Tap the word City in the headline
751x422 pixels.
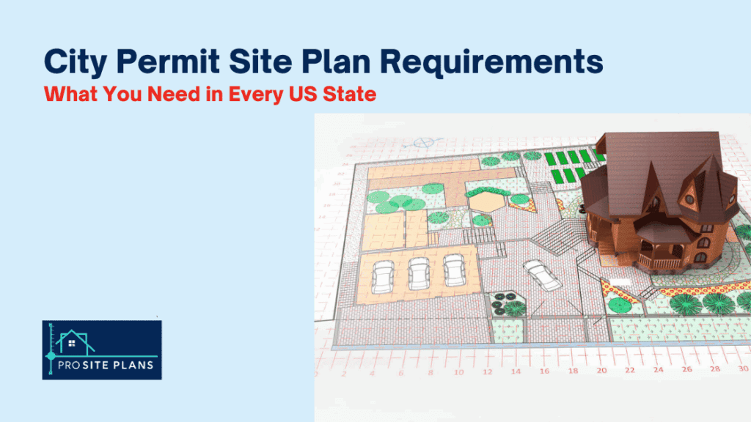tap(72, 62)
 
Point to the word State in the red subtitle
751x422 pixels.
tap(350, 95)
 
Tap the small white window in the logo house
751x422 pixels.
tap(71, 342)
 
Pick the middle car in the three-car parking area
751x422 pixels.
tap(417, 273)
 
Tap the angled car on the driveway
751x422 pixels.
tap(542, 275)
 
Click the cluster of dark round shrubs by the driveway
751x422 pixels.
tap(507, 303)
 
